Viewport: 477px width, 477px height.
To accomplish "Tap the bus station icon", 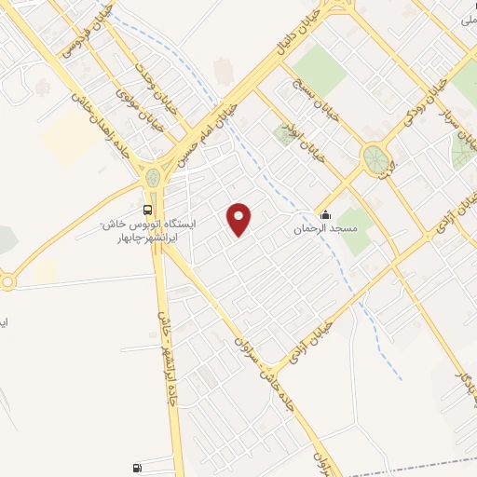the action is pos(149,208).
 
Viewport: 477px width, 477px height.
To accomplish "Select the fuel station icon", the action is pos(138,467).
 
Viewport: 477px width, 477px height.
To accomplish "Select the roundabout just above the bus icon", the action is pos(152,177).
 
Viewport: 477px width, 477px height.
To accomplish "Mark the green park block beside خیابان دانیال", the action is pos(321,66).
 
